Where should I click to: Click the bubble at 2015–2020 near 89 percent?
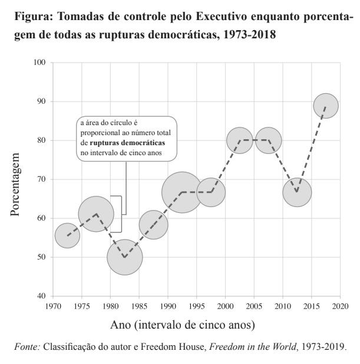click(x=326, y=106)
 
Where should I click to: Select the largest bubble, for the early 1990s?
click(x=182, y=192)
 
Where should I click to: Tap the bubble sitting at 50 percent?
click(x=125, y=257)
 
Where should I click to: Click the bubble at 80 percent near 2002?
click(x=240, y=140)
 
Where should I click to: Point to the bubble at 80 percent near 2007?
click(x=269, y=140)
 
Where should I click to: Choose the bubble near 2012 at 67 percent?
click(x=297, y=192)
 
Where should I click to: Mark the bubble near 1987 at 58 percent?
click(x=154, y=224)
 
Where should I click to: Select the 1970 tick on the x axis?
click(x=53, y=306)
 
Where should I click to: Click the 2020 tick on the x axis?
click(x=340, y=306)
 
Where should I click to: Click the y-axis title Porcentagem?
click(x=16, y=179)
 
